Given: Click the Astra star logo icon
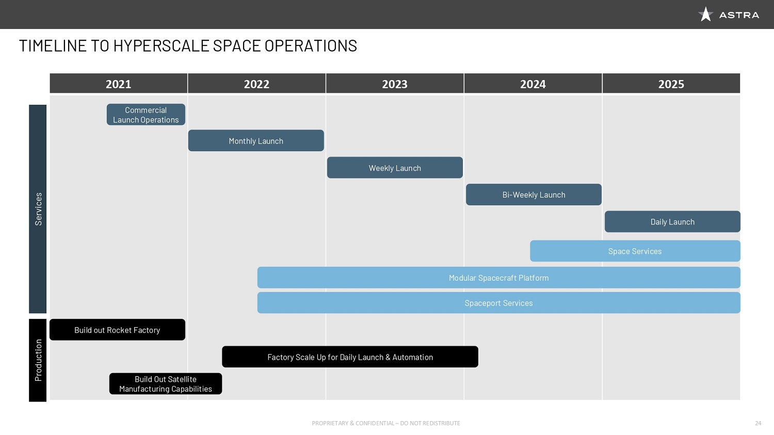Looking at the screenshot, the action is (x=705, y=14).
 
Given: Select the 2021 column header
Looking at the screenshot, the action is (x=119, y=84).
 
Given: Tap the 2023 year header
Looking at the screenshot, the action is (x=395, y=84).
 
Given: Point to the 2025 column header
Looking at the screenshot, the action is (x=671, y=84).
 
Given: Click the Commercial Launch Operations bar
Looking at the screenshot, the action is (x=146, y=115).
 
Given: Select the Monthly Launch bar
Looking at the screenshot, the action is (x=256, y=141).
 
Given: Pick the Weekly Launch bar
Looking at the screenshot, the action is (x=395, y=168).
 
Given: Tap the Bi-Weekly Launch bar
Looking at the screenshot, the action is (x=534, y=195).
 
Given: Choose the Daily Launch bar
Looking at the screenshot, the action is (x=672, y=222).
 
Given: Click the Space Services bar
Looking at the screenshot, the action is (x=635, y=251).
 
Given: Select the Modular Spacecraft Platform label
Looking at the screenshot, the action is (x=498, y=278).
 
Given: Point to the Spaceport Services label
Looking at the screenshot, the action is (x=498, y=303).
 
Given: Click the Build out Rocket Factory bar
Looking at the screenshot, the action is (x=117, y=330).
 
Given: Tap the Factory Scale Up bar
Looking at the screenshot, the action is (x=350, y=357).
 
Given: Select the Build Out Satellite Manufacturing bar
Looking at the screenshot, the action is (x=166, y=384).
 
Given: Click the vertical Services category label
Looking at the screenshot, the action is (x=38, y=209).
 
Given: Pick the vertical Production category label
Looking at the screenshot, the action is (x=38, y=360).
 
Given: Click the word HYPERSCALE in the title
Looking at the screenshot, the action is (x=162, y=45).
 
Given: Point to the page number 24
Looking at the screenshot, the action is (x=758, y=423).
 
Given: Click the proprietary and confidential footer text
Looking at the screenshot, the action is (x=386, y=423).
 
